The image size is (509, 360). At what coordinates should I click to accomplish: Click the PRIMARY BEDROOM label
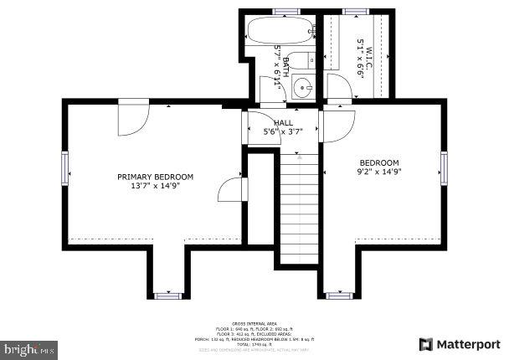155,177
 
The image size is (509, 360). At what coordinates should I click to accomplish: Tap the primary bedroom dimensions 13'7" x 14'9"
155,186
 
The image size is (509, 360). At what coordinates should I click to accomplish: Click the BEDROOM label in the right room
379,162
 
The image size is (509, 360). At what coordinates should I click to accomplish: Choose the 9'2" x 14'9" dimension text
379,172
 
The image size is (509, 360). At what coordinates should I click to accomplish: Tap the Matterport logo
460,344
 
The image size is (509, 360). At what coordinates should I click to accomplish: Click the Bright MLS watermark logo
29,346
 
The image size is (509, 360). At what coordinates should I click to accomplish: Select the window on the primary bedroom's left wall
64,169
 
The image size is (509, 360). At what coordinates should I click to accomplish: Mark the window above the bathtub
285,11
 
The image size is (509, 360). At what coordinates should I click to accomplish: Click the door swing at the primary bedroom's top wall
132,117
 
